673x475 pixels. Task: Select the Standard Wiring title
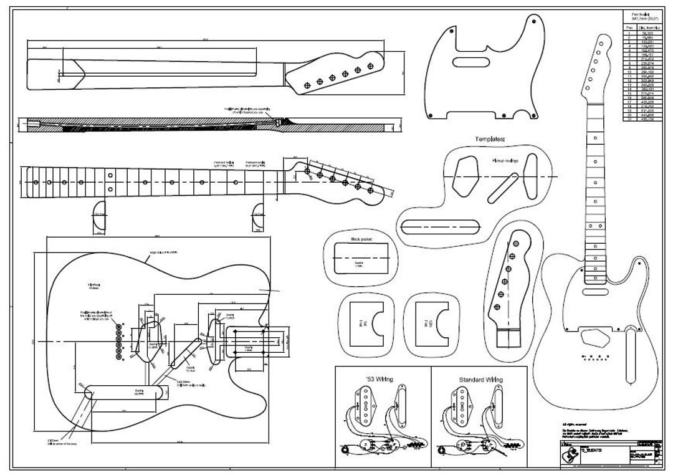[480, 379]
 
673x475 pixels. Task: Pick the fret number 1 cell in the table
[629, 32]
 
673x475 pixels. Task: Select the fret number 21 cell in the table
[629, 119]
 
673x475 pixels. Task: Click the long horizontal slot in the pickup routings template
[443, 225]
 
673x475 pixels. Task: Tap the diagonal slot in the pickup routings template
[502, 186]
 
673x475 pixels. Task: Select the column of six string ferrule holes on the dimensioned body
[119, 340]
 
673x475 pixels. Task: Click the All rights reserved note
[573, 424]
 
